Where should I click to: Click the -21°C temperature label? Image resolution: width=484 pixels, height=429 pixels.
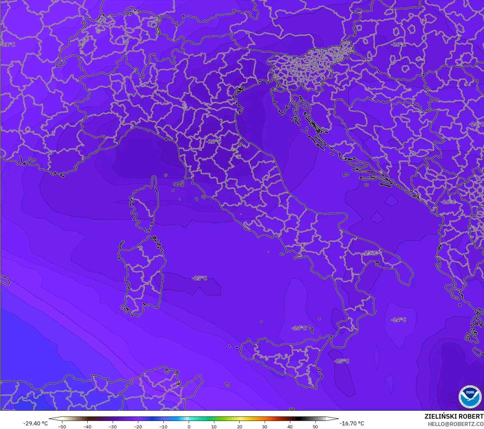point(8,44)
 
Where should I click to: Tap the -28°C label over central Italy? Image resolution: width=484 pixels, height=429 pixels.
point(213,141)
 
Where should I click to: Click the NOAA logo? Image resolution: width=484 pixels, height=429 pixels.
point(470,396)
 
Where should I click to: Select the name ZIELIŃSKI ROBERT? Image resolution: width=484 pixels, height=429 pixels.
point(454,416)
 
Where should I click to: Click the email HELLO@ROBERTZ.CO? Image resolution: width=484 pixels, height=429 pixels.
point(456,424)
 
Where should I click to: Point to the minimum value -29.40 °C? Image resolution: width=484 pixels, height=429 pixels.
point(35,423)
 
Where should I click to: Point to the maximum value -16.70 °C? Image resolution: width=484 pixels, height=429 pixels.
point(352,423)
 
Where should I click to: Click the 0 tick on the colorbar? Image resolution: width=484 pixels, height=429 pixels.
point(189,426)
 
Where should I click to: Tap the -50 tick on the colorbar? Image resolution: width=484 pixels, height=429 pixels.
point(62,426)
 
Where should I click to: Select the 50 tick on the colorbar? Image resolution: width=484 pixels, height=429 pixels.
point(315,426)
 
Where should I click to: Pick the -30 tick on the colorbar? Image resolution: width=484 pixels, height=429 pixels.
point(113,426)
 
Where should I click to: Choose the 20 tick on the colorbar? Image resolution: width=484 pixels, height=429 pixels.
point(239,426)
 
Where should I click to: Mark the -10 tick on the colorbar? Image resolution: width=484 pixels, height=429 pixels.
point(163,426)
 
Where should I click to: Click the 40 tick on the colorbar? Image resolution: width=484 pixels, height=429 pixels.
point(290,426)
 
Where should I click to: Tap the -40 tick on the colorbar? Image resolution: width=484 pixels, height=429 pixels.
point(87,426)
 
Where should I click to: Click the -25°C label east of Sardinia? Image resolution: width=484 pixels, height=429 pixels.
point(199,278)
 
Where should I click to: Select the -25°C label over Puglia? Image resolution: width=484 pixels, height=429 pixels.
point(370,253)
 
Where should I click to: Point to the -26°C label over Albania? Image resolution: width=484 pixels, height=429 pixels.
point(448,202)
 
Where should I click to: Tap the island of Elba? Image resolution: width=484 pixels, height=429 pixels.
point(179,184)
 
